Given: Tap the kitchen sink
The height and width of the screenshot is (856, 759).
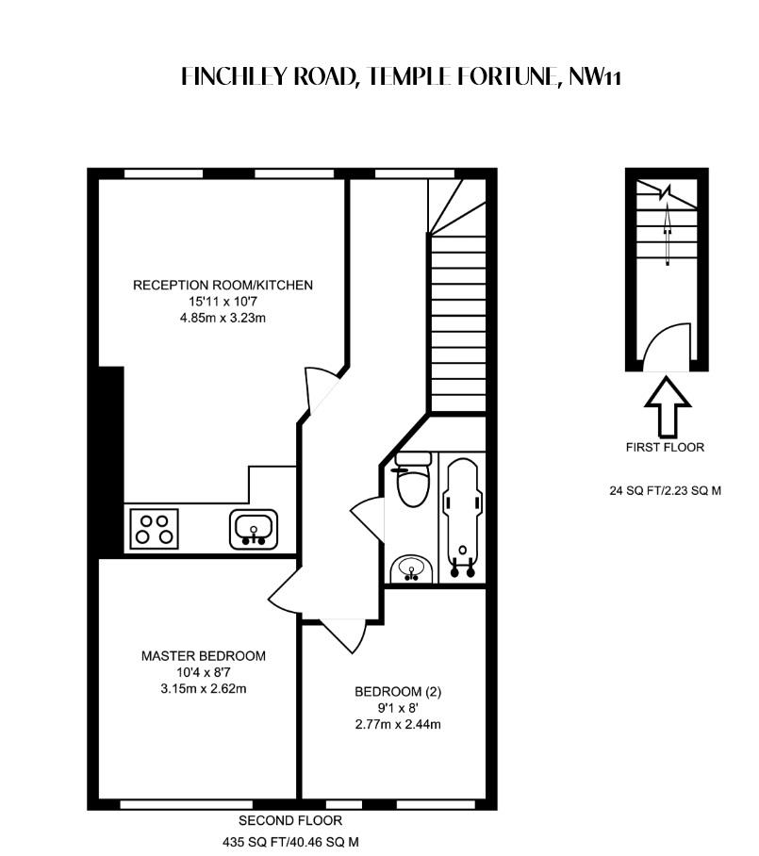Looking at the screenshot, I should pyautogui.click(x=254, y=528).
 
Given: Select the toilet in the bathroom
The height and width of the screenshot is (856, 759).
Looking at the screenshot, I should pyautogui.click(x=412, y=483).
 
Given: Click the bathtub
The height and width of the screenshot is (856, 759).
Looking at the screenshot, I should pyautogui.click(x=462, y=517).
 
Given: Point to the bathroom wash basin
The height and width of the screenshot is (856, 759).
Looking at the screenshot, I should pyautogui.click(x=412, y=568).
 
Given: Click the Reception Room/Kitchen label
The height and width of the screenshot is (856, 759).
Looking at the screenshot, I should pyautogui.click(x=223, y=285).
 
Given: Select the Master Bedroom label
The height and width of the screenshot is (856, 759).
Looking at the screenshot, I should pyautogui.click(x=204, y=655).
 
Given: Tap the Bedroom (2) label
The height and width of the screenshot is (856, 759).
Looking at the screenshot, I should pyautogui.click(x=398, y=691).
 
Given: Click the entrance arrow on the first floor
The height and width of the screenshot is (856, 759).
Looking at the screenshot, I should pyautogui.click(x=667, y=403).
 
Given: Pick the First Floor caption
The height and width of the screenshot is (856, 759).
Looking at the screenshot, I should pyautogui.click(x=665, y=447).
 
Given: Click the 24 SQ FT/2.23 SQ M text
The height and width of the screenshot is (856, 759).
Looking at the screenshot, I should pyautogui.click(x=665, y=490).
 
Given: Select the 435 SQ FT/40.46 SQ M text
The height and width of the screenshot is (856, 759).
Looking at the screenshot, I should pyautogui.click(x=289, y=841).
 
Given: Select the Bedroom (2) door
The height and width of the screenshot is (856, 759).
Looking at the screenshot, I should pyautogui.click(x=343, y=634).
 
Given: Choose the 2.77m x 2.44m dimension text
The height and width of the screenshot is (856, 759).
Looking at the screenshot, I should pyautogui.click(x=398, y=724).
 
